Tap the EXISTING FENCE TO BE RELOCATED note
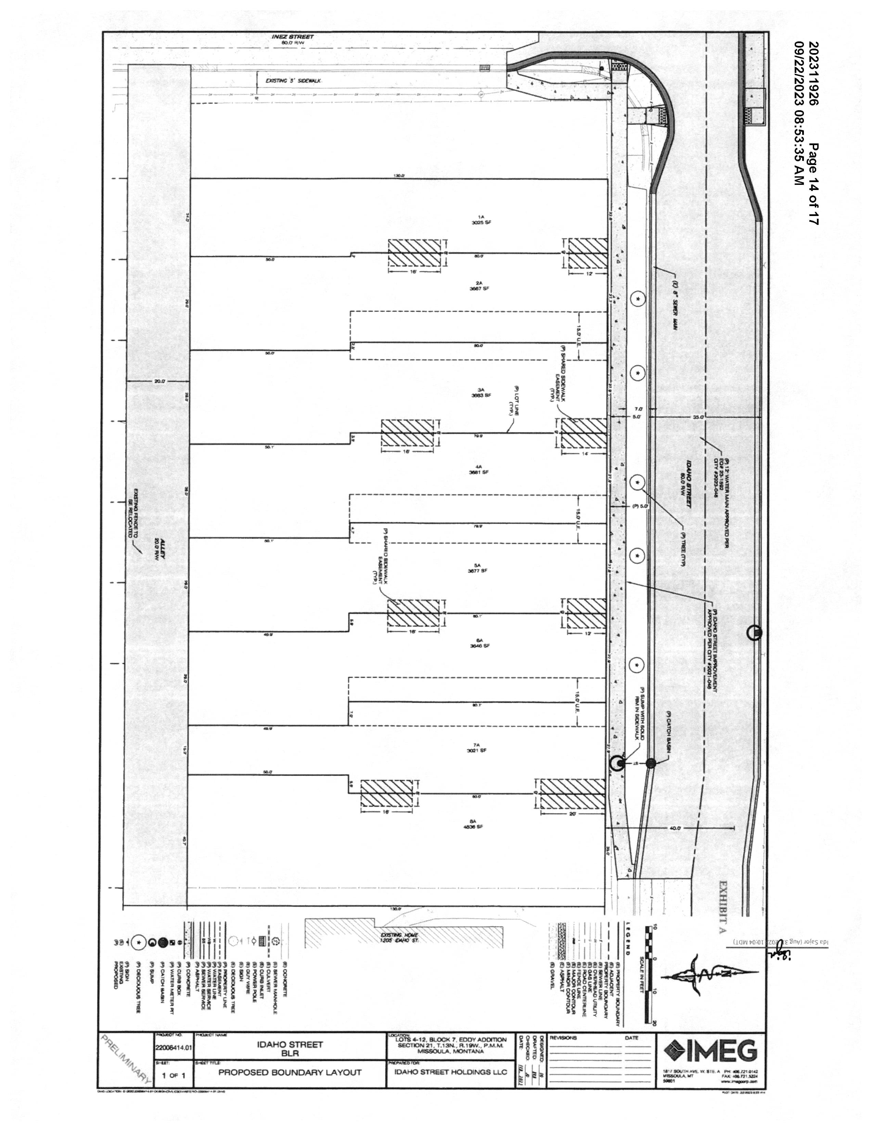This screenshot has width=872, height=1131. coord(134,513)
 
